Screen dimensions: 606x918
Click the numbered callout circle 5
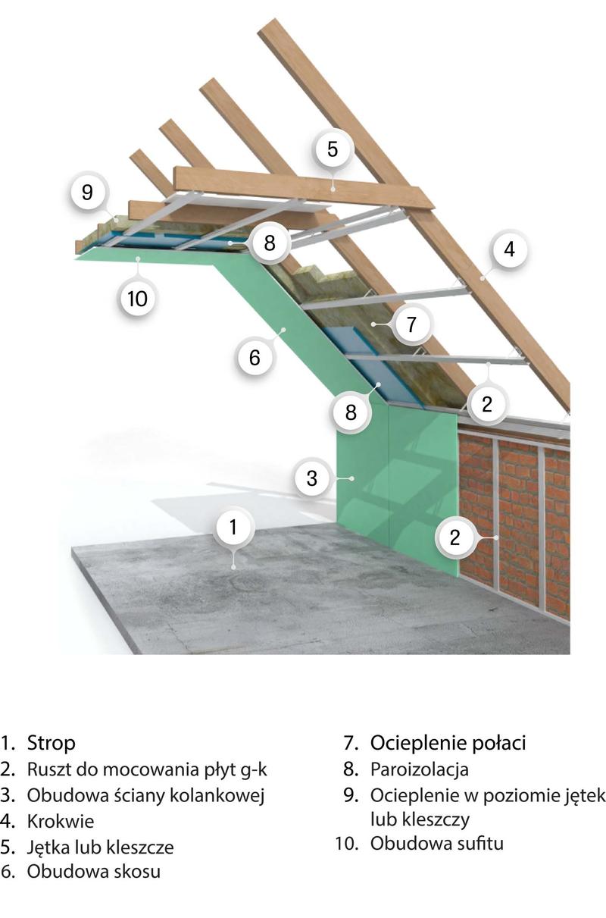tap(332, 149)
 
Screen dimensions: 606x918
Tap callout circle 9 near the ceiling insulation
tap(87, 192)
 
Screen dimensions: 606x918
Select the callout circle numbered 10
tap(137, 299)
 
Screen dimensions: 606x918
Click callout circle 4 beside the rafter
tap(509, 249)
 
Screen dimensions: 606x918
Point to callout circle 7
tap(411, 324)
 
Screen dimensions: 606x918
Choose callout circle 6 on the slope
tap(255, 357)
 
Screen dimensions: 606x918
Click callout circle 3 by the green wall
tap(312, 478)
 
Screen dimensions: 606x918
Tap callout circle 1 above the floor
tap(233, 527)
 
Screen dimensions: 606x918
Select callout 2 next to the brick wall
tap(454, 537)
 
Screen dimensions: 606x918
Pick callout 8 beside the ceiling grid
tap(269, 243)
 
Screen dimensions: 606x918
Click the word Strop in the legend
tap(52, 743)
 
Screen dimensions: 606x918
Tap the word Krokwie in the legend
tap(60, 821)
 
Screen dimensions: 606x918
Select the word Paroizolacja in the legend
tap(420, 769)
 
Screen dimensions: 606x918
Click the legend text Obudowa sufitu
tap(437, 844)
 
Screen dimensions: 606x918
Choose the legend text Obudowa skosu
tap(94, 871)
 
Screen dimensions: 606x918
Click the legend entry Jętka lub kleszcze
tap(100, 847)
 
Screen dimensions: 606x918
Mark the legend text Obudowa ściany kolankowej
tap(145, 795)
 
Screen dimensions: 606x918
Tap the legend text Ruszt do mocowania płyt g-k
tap(147, 769)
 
